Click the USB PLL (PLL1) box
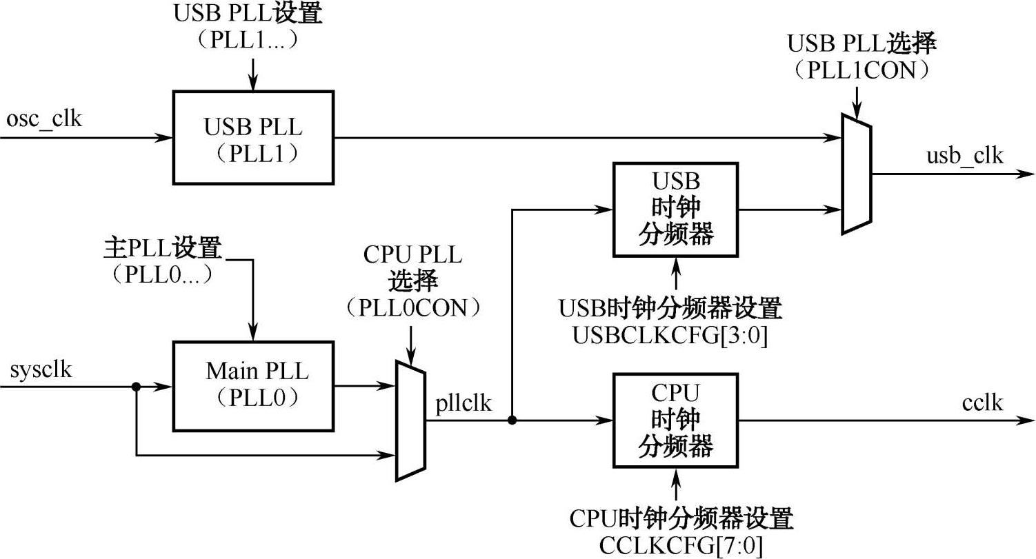[253, 138]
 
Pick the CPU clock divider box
[675, 420]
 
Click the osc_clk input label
[43, 119]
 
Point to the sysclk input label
[41, 370]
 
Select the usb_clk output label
[964, 156]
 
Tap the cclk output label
[982, 403]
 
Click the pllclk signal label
[464, 403]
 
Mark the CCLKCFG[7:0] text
[681, 547]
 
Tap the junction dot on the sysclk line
[137, 387]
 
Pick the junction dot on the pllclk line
[511, 420]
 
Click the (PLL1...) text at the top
[246, 41]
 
